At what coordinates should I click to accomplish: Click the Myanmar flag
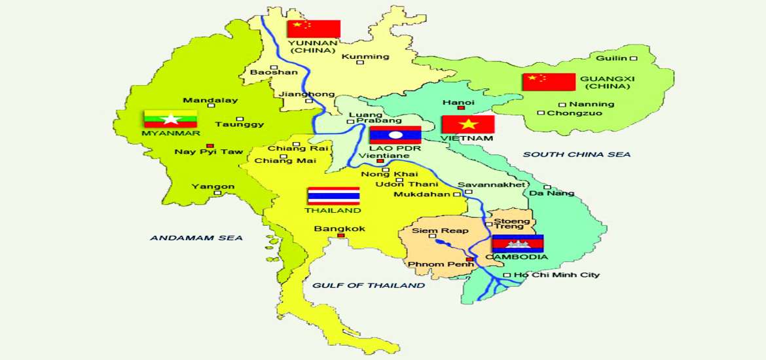click(170, 118)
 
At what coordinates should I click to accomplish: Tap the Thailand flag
click(334, 196)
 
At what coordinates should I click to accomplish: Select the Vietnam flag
click(467, 124)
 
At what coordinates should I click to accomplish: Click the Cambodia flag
click(518, 243)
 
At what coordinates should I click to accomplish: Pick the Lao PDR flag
click(395, 135)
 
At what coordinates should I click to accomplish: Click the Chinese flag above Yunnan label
click(314, 29)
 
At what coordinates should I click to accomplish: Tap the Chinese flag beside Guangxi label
click(549, 82)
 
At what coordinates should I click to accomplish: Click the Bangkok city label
click(340, 228)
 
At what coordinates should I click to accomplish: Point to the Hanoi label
click(458, 102)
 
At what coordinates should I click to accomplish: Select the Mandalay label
click(210, 100)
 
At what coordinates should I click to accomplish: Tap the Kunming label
click(365, 56)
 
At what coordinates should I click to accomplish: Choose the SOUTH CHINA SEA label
click(577, 154)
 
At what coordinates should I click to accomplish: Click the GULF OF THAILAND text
click(369, 285)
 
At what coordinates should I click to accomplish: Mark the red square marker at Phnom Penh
click(469, 260)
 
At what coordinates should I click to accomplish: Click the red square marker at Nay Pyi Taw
click(210, 145)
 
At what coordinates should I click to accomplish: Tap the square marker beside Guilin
click(633, 58)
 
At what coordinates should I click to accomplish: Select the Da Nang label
click(552, 193)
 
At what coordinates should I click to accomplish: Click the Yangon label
click(213, 187)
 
